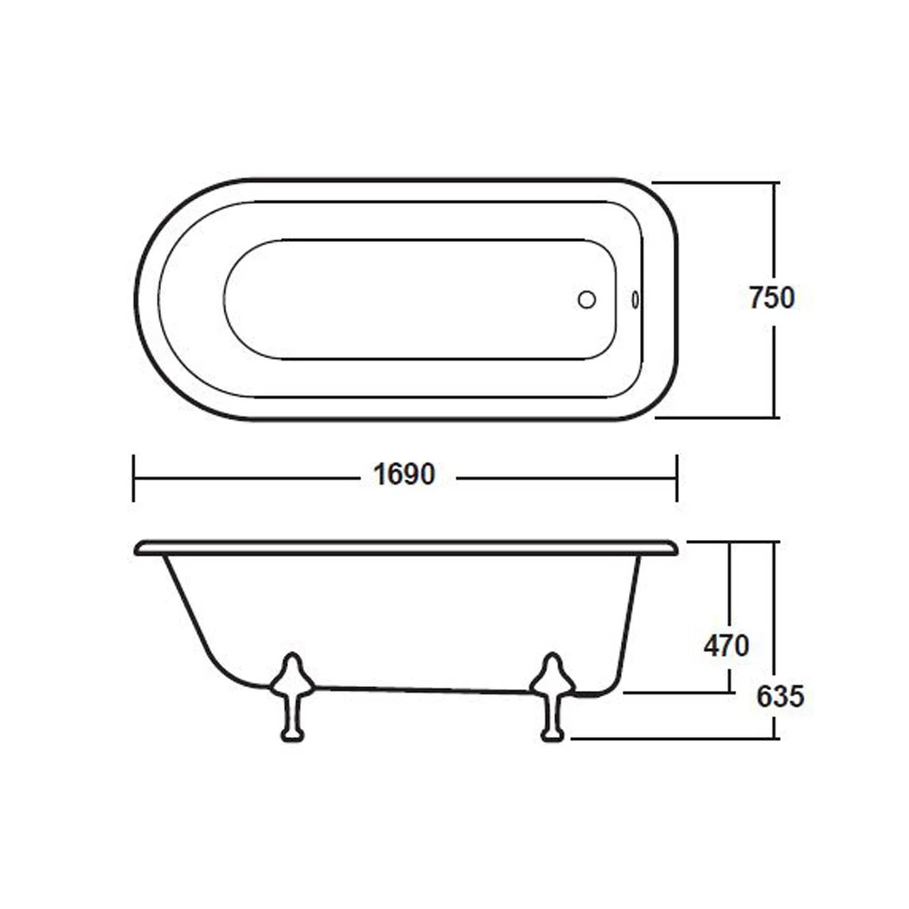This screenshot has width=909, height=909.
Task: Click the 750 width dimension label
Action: [x=772, y=298]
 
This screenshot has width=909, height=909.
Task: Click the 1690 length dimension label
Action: [x=405, y=474]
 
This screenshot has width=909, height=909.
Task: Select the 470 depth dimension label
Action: [x=726, y=645]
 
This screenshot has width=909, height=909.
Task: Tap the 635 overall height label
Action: [x=780, y=697]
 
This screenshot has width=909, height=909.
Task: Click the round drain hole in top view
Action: [x=586, y=299]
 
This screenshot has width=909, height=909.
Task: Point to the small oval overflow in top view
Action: [x=634, y=299]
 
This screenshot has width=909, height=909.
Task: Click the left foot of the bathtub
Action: [x=292, y=696]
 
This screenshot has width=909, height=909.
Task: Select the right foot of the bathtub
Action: [x=552, y=696]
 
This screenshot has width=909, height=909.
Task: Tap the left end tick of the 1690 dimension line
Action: [x=134, y=477]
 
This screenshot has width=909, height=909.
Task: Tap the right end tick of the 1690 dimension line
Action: [x=676, y=477]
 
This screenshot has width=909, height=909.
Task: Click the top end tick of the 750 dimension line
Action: [x=774, y=183]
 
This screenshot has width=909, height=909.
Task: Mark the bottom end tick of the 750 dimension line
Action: [x=774, y=418]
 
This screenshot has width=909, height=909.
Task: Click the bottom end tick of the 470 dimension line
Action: [x=730, y=692]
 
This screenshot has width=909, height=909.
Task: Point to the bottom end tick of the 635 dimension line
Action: [x=774, y=738]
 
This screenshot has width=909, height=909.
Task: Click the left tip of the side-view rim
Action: [x=136, y=548]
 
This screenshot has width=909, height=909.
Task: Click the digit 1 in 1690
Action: [x=380, y=474]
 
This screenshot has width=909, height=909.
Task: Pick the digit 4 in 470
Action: [x=712, y=645]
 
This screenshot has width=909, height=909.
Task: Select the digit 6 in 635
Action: [x=765, y=697]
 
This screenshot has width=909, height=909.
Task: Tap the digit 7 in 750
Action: [x=756, y=298]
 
